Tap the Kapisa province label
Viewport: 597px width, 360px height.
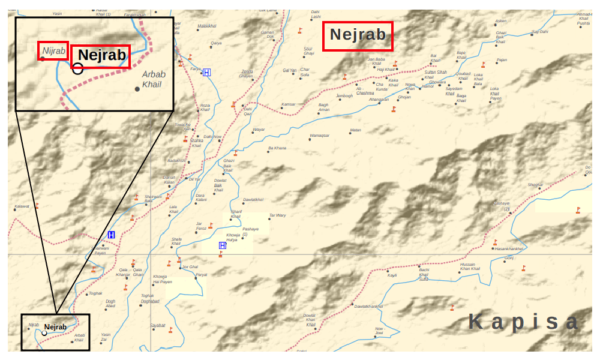click(523, 322)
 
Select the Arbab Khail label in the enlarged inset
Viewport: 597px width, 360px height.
click(154, 78)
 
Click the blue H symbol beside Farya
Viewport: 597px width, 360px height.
click(207, 73)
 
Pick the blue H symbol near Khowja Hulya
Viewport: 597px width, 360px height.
click(223, 245)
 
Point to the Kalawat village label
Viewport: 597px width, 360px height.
click(22, 206)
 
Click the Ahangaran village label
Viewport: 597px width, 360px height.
click(379, 100)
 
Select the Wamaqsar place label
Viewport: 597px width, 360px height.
click(319, 136)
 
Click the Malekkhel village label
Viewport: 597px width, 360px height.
click(206, 26)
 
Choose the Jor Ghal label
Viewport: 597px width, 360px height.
click(190, 266)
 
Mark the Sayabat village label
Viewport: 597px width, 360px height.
click(158, 325)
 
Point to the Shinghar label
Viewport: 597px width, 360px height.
click(535, 184)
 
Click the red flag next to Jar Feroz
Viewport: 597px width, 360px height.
click(211, 226)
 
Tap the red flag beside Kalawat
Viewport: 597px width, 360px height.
click(37, 206)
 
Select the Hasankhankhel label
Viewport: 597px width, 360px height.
click(509, 248)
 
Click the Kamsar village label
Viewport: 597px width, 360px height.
click(289, 104)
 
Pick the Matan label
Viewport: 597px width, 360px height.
click(355, 130)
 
